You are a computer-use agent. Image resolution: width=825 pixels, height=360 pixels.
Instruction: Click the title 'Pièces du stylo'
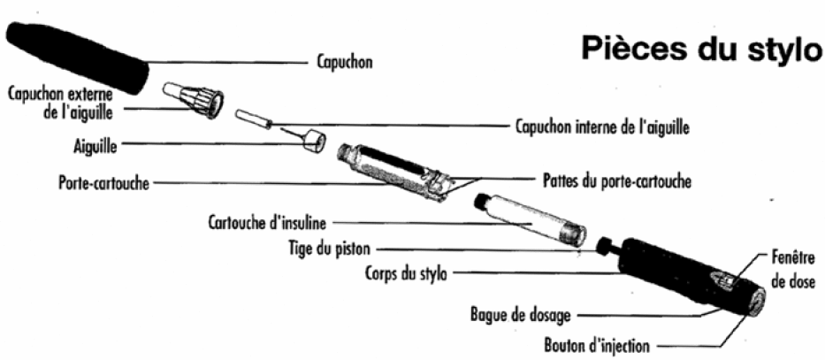(x=701, y=49)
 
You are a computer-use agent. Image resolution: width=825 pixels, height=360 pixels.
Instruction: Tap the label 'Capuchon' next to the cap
(x=345, y=62)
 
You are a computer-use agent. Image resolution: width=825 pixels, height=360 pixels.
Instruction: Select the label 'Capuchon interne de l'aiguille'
(x=602, y=126)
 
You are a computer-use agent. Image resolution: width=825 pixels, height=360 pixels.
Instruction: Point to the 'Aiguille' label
(x=95, y=146)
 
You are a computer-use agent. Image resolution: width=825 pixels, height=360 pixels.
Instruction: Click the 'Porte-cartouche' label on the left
(x=103, y=184)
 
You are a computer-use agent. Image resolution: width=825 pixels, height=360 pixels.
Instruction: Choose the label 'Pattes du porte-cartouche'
(x=616, y=181)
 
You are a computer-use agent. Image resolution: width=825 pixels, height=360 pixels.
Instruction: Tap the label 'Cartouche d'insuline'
(x=267, y=223)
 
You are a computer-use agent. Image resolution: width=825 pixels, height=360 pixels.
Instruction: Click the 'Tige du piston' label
(x=329, y=248)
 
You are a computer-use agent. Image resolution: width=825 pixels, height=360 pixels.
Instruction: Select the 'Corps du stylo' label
(x=406, y=273)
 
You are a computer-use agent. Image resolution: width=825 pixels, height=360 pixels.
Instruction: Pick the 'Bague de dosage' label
(x=520, y=316)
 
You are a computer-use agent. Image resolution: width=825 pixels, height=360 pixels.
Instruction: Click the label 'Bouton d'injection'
(x=597, y=347)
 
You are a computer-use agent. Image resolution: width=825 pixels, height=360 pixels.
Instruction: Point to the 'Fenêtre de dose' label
(x=795, y=270)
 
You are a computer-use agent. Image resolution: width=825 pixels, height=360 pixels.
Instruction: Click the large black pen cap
(x=77, y=57)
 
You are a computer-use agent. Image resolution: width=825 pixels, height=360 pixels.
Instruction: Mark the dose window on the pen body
(x=725, y=280)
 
